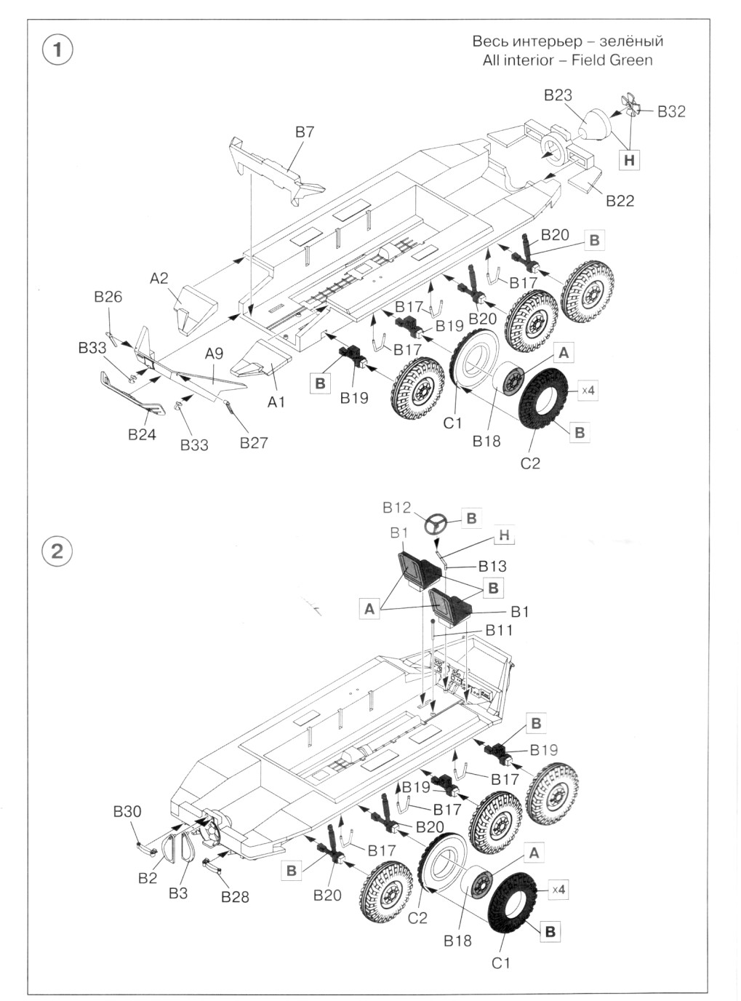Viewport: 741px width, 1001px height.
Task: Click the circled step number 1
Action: [58, 50]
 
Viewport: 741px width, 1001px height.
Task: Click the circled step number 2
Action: [58, 550]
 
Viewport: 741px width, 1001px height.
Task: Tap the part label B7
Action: [305, 132]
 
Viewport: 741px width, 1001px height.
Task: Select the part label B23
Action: [558, 95]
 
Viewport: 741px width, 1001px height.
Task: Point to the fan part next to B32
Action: [631, 106]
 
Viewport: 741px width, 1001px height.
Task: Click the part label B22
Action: [620, 201]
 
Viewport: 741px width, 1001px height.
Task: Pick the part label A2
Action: [159, 278]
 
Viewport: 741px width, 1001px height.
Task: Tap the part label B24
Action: [142, 435]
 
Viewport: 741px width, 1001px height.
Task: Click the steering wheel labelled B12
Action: [437, 524]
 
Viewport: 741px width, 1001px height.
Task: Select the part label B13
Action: [492, 566]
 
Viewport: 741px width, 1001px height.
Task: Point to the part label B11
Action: [499, 630]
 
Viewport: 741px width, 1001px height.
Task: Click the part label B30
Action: [127, 812]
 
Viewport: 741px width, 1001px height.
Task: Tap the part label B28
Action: [235, 897]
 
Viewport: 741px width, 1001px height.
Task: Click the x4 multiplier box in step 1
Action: [588, 391]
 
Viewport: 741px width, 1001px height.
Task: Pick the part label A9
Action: [214, 354]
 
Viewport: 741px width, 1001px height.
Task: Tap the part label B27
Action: [254, 443]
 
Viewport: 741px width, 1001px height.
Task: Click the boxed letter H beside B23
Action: [630, 160]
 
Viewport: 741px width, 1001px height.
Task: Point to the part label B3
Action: [178, 893]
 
